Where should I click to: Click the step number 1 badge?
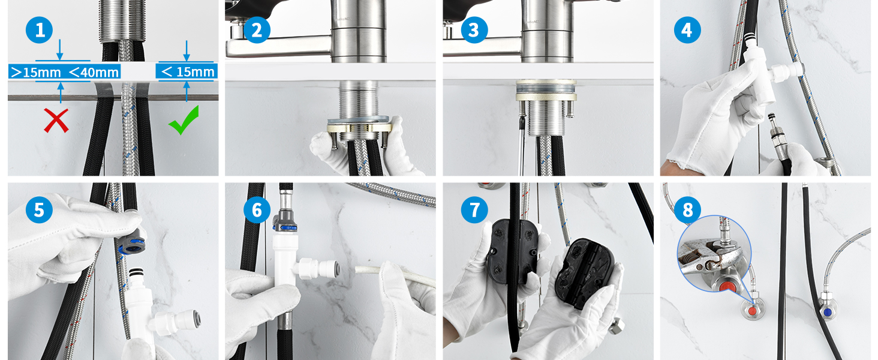tap(39, 30)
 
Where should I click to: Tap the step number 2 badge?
tap(257, 30)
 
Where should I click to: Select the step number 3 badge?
tap(474, 30)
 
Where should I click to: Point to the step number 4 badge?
tap(687, 30)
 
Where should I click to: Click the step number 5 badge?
tap(39, 210)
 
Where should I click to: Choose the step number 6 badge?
tap(257, 210)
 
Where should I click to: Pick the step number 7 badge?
tap(474, 210)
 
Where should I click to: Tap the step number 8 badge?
tap(687, 210)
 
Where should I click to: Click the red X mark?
tap(56, 121)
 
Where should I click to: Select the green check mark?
tap(184, 119)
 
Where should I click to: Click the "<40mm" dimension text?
tap(94, 72)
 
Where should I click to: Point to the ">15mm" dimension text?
tap(36, 72)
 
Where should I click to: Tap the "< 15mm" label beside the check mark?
tap(188, 72)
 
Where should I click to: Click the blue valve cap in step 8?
tap(828, 312)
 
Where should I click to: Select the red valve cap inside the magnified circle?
tap(727, 285)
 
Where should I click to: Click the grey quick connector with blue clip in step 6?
tap(285, 221)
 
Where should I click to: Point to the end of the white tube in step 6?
tap(357, 269)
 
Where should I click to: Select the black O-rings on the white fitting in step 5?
tap(136, 272)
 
